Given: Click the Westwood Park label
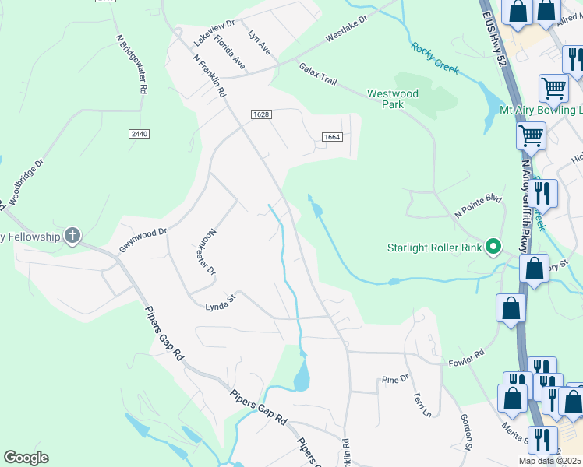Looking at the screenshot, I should point(393,99).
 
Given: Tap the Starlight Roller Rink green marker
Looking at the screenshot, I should point(493,248).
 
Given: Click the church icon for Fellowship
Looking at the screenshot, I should point(72,236).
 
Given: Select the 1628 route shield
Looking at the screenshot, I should point(261,114).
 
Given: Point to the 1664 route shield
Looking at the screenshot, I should point(332,138).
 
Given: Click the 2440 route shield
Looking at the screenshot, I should point(139,134).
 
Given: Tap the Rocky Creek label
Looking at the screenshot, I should point(435,59).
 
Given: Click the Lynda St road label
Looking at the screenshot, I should point(220,300).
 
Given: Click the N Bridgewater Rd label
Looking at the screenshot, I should point(131,64).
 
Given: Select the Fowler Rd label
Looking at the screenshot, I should point(466,358).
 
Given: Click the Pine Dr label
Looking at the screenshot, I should point(395,379).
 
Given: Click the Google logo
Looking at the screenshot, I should point(26,458).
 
